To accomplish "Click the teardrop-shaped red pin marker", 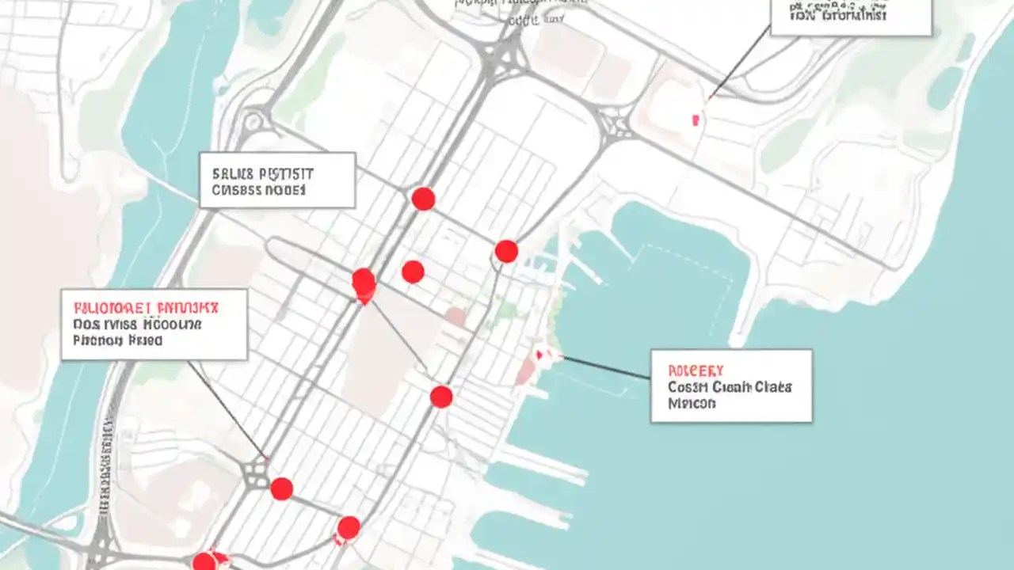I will pyautogui.click(x=364, y=286).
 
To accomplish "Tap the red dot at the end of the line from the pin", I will pyautogui.click(x=441, y=397).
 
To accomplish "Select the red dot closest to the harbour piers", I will pyautogui.click(x=506, y=252).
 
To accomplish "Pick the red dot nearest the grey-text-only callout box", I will pyautogui.click(x=423, y=199).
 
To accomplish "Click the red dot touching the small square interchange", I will pyautogui.click(x=281, y=488).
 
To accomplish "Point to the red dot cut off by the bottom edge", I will pyautogui.click(x=204, y=562).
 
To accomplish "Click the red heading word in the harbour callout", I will pyautogui.click(x=696, y=370).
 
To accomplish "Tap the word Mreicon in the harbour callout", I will pyautogui.click(x=691, y=403).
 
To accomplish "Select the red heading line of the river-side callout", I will pyautogui.click(x=147, y=306).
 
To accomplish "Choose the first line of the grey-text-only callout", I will pyautogui.click(x=262, y=173).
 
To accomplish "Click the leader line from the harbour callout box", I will pyautogui.click(x=606, y=367).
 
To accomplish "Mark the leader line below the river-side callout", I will pyautogui.click(x=226, y=408).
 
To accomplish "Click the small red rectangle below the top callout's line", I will pyautogui.click(x=696, y=120).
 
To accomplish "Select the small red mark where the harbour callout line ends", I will pyautogui.click(x=539, y=355).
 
